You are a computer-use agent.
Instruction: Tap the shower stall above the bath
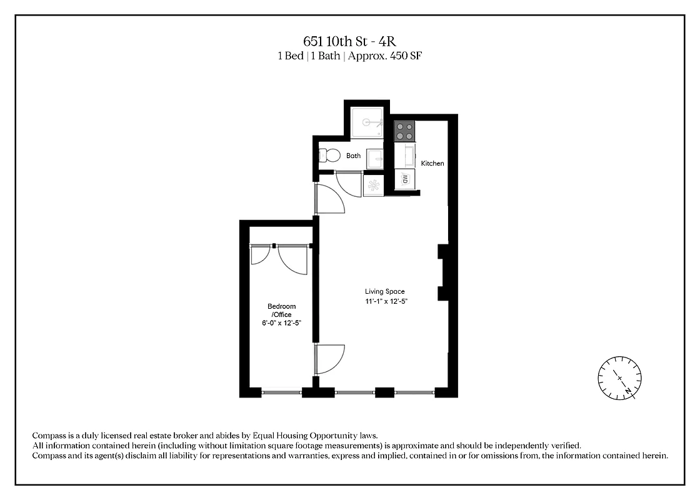coord(366,122)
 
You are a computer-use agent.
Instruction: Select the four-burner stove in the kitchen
coord(404,131)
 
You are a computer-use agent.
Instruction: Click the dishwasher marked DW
coord(404,179)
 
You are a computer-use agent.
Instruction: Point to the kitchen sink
coord(406,154)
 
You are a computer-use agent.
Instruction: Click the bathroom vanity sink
coord(373,159)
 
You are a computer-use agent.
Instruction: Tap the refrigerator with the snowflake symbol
coord(373,186)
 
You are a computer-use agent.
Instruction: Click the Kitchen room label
coord(432,164)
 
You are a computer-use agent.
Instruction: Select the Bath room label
coord(354,156)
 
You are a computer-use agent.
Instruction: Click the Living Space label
coord(385,292)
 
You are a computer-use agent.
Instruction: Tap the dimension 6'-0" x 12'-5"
coord(282,323)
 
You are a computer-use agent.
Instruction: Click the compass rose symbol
coord(619,377)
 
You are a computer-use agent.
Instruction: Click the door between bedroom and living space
coord(328,359)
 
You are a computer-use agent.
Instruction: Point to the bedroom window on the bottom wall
coord(281,392)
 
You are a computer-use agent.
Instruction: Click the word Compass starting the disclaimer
coord(50,435)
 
